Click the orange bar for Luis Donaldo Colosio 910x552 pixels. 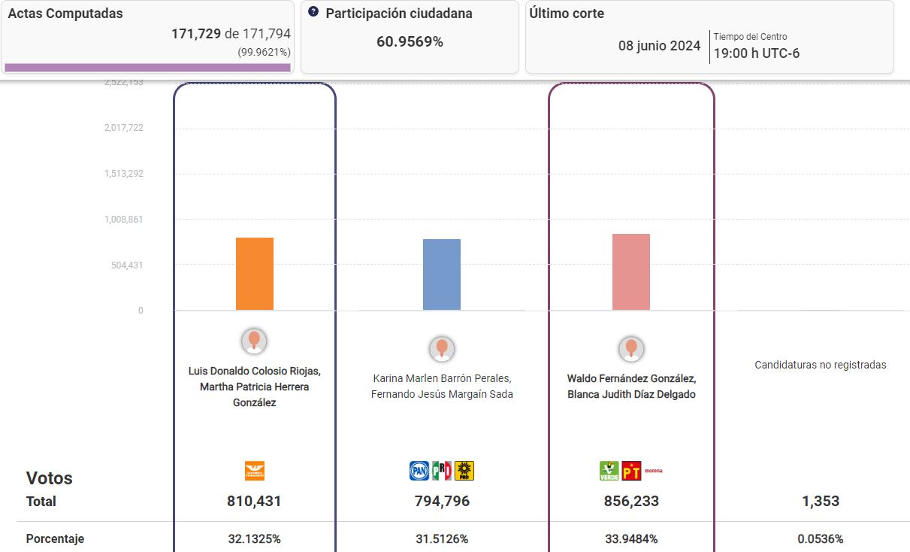255,274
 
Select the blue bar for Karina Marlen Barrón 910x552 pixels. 442,274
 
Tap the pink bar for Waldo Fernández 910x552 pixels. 631,272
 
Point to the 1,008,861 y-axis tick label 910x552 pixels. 123,220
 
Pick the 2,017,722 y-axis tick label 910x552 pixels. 123,128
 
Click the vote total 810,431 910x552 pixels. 254,502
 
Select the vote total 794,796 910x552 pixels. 442,502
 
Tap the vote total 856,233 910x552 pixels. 631,502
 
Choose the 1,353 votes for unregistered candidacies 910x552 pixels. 821,502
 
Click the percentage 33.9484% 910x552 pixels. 631,539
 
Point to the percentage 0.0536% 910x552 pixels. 821,539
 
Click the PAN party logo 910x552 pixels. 419,471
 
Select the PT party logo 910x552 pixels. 631,472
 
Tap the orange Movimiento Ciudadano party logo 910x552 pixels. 255,471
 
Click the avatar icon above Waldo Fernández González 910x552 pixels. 631,348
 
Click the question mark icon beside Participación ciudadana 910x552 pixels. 313,12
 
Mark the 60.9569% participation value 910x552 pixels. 410,42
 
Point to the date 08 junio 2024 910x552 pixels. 659,46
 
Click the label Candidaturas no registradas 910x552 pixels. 821,365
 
